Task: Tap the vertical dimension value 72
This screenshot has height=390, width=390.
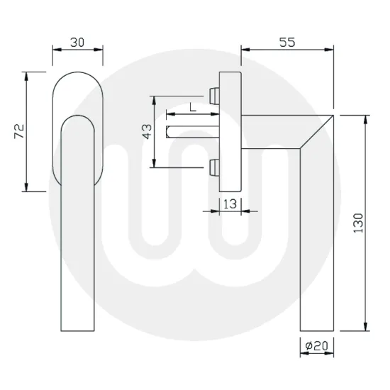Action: [x=20, y=130]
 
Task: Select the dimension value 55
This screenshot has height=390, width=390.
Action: [x=286, y=42]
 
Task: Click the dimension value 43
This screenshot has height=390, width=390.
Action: [x=147, y=132]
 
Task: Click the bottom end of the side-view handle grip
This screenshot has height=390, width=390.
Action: [x=315, y=330]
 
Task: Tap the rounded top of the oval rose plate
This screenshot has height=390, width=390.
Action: [x=78, y=73]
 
